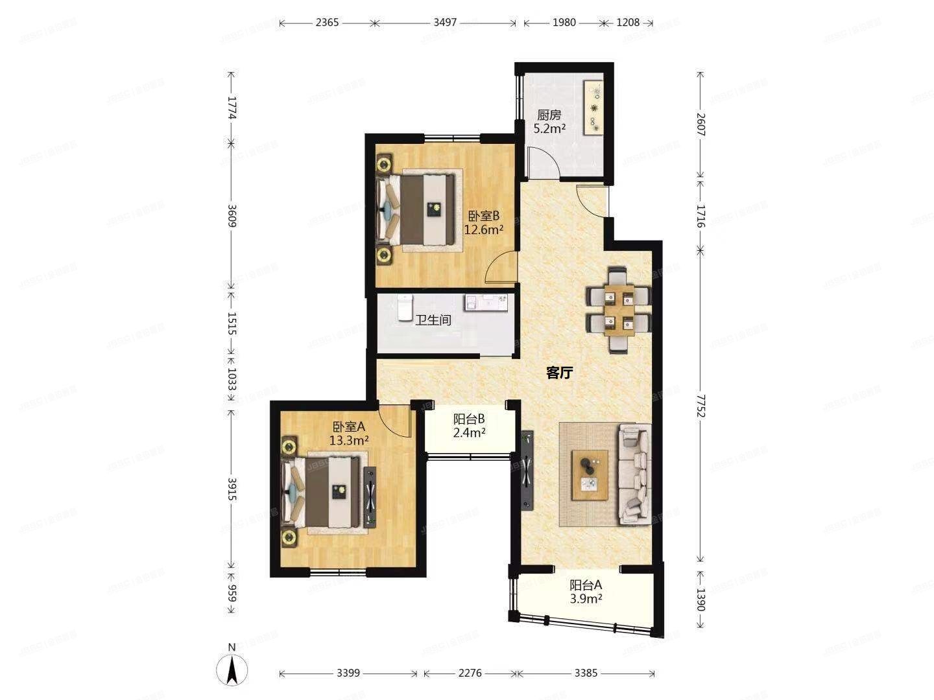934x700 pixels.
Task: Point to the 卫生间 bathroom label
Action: point(433,320)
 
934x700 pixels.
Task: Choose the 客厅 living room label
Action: point(559,372)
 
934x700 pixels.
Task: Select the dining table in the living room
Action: point(618,309)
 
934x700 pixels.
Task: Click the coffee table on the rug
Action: point(590,474)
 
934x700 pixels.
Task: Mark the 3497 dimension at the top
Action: point(445,23)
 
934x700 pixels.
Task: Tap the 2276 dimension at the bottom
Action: point(470,673)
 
